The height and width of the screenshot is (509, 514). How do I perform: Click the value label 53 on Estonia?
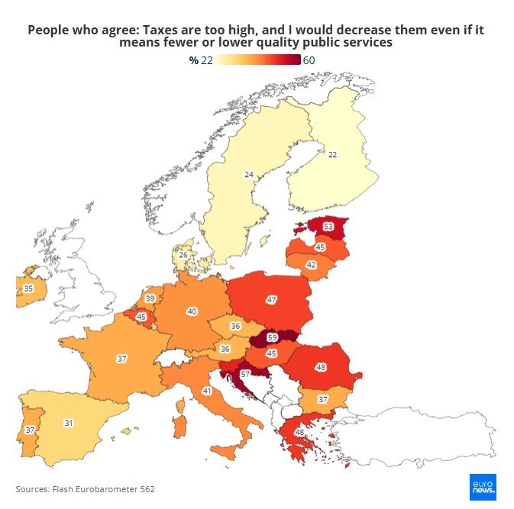pos(328,227)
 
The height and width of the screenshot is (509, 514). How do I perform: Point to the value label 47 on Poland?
pos(271,300)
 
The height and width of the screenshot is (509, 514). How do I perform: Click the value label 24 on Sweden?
pos(248,175)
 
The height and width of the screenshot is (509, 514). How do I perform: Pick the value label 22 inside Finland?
pos(332,154)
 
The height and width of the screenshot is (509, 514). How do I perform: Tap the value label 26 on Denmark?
pos(183,255)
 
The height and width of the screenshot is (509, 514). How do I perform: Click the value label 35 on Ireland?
pos(28,288)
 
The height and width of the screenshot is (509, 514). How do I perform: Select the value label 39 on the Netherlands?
pos(150,298)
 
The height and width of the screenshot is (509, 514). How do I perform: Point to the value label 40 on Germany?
pos(192,311)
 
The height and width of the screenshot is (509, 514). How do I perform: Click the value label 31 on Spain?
pos(68,423)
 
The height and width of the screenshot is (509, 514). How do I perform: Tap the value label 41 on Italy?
pos(206,391)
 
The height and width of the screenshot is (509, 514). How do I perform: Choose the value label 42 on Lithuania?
pos(311,265)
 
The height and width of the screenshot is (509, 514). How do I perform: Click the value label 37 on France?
pos(121,358)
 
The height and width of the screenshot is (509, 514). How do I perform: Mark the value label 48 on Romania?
pos(321,367)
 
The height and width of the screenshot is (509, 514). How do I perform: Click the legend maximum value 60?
pos(309,61)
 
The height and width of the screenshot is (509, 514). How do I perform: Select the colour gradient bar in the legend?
pos(258,61)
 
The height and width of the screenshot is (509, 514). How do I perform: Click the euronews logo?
pos(483,486)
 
